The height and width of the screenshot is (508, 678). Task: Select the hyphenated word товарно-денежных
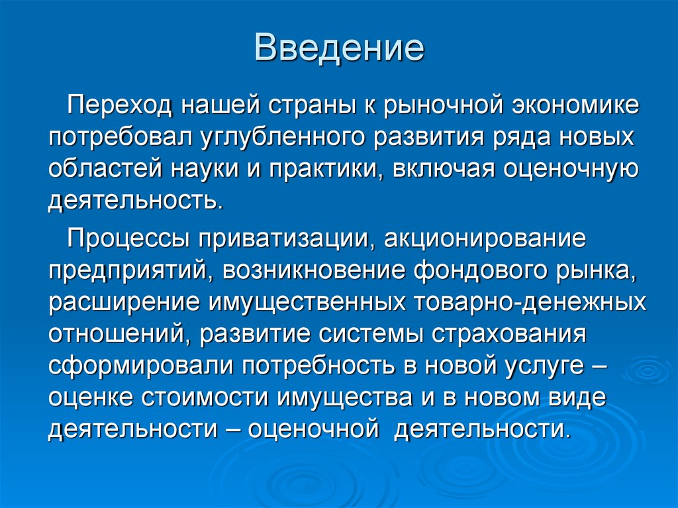[529, 301]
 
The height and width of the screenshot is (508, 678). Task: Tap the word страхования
[510, 333]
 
